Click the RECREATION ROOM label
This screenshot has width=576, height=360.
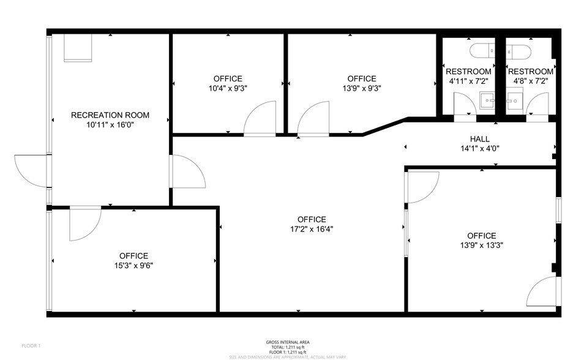110,115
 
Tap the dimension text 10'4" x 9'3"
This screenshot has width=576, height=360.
228,88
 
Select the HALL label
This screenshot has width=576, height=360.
480,139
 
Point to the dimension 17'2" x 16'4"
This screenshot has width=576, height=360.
312,229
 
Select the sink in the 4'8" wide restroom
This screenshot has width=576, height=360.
513,99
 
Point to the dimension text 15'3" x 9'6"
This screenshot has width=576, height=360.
133,266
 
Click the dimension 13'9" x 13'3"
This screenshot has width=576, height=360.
481,246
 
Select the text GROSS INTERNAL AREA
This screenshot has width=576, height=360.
288,342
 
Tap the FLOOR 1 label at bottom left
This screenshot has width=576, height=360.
31,346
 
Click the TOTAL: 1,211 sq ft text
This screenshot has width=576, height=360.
288,347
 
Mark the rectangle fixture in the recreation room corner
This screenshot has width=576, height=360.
78,47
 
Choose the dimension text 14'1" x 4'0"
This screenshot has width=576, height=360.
480,148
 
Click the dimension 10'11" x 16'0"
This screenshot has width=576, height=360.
110,125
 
